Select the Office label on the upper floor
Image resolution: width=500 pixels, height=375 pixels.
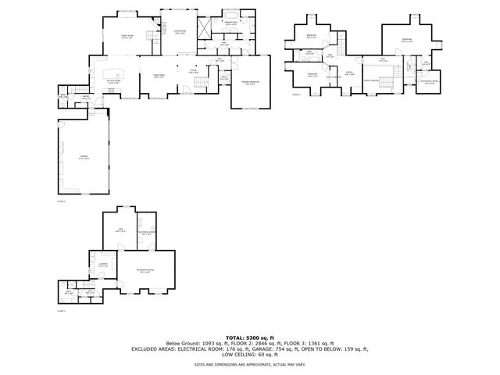[350, 73]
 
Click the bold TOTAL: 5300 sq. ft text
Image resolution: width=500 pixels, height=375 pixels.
[250, 336]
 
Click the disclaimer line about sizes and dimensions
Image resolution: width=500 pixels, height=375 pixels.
[250, 364]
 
